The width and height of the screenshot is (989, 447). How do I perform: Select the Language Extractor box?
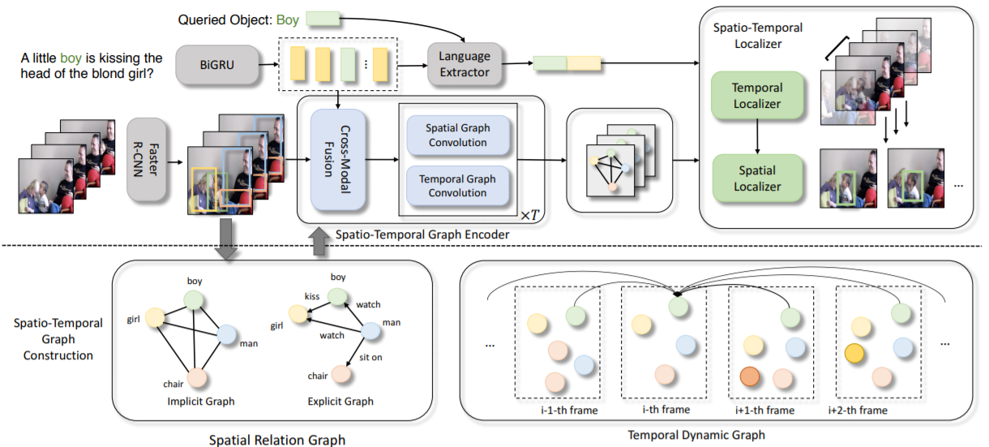[x=465, y=63]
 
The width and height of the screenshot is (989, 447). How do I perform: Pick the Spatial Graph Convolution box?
[x=456, y=135]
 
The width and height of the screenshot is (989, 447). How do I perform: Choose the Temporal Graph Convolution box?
[x=456, y=186]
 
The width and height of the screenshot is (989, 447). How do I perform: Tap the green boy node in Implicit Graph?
[x=193, y=300]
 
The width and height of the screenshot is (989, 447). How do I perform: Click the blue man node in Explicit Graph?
[x=370, y=330]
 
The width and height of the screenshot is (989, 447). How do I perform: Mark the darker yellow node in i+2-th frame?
[x=852, y=354]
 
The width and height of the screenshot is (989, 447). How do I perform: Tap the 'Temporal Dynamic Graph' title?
[x=696, y=435]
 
